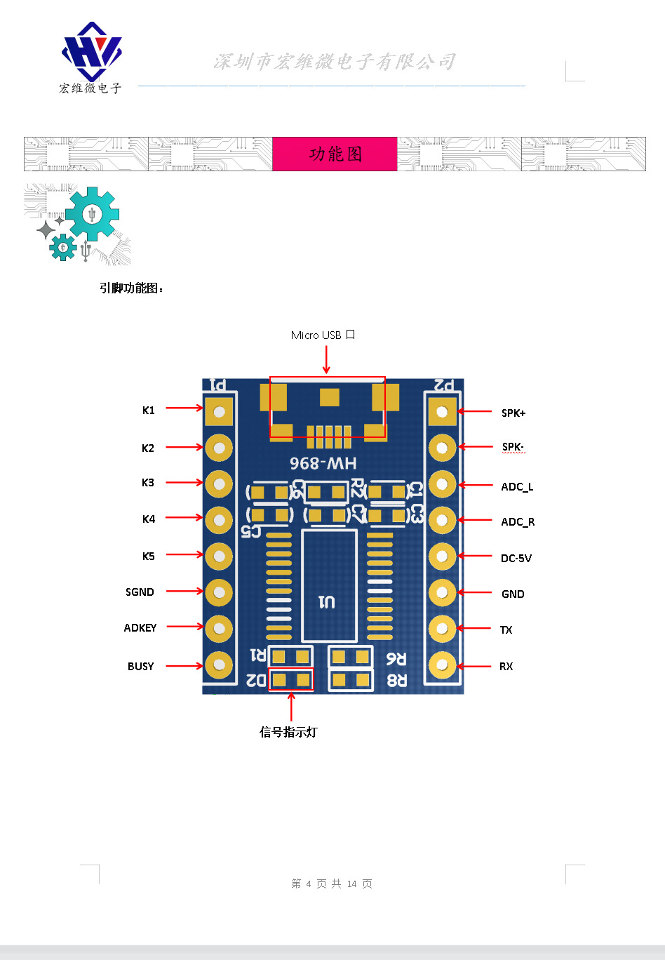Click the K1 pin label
click(x=148, y=411)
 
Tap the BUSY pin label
click(x=140, y=666)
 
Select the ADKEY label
click(x=140, y=628)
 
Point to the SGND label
click(x=140, y=592)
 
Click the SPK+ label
click(x=513, y=413)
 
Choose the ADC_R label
click(x=518, y=522)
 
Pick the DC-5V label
click(x=516, y=559)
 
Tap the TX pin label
click(x=506, y=630)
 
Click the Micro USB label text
click(x=323, y=335)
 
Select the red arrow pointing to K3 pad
click(x=184, y=483)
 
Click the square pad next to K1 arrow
click(x=219, y=411)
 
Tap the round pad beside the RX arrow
click(x=442, y=665)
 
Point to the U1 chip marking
click(x=327, y=602)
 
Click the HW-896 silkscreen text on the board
click(x=323, y=463)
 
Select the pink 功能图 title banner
click(x=335, y=154)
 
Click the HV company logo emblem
click(x=90, y=52)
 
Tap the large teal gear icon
click(x=92, y=214)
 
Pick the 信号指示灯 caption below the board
click(x=288, y=732)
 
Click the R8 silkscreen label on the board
click(x=396, y=680)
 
